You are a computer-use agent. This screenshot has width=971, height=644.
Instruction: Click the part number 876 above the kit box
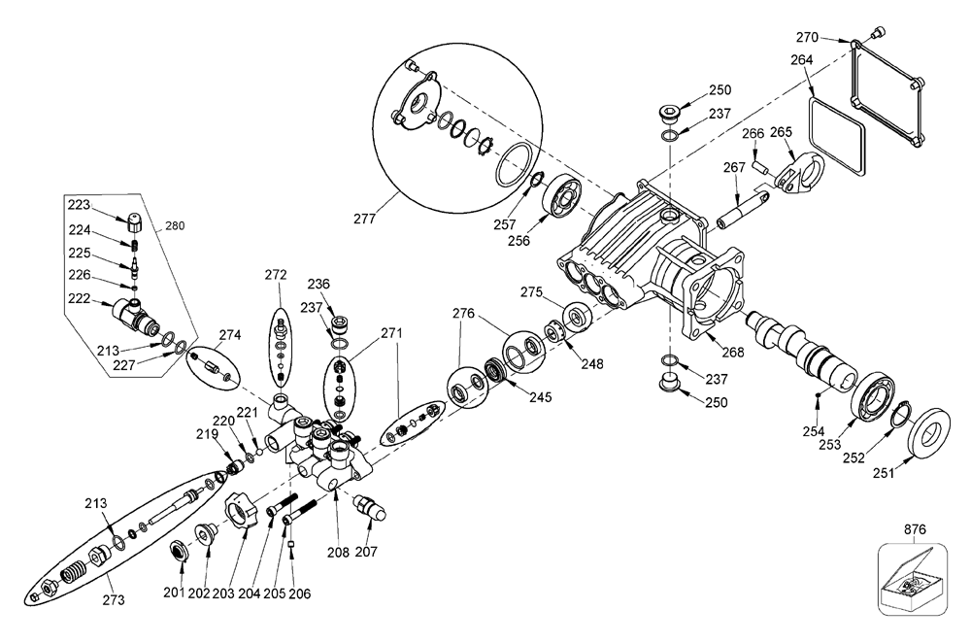point(915,529)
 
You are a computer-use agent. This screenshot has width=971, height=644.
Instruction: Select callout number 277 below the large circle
point(365,219)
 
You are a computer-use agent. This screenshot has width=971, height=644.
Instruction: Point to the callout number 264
point(802,59)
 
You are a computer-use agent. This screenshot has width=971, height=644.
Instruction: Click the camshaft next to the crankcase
point(801,352)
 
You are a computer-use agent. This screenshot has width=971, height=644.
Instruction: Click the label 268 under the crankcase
point(732,353)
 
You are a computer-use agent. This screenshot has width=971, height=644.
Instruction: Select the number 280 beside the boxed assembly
point(175,226)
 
